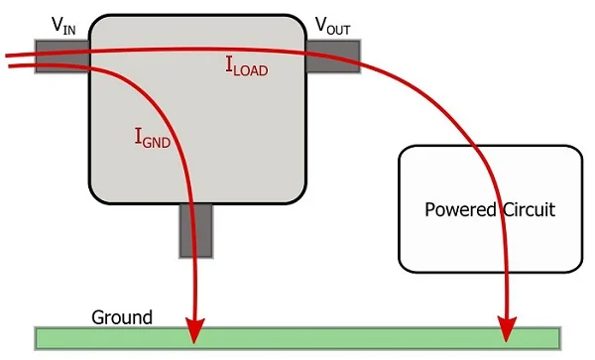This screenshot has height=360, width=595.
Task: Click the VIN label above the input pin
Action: click(61, 26)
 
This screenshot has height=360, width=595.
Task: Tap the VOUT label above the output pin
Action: click(332, 24)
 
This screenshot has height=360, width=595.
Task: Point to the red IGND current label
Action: click(152, 139)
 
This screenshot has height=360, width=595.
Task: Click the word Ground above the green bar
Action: click(122, 317)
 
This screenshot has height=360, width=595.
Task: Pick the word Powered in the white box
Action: click(458, 210)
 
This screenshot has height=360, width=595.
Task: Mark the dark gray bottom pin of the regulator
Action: click(197, 229)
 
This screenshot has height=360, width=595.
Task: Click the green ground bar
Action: click(297, 337)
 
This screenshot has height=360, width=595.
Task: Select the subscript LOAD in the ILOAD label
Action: click(251, 71)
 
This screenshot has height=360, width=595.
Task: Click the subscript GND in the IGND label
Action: click(158, 143)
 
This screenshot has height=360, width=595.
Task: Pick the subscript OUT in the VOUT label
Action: click(338, 27)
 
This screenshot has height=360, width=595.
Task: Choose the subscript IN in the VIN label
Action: click(67, 29)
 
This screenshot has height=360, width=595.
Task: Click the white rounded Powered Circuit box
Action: click(490, 248)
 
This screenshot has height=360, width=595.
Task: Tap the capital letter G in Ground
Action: click(98, 317)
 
